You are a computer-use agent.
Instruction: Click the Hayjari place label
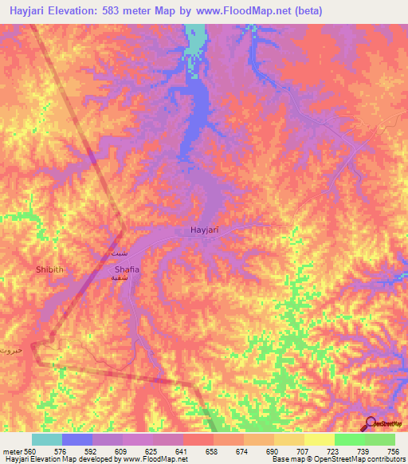click(205, 230)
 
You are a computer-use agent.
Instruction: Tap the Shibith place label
click(49, 270)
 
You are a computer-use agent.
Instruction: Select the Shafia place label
click(126, 270)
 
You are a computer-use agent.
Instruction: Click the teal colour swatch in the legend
click(47, 439)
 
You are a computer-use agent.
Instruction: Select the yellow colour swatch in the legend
click(319, 439)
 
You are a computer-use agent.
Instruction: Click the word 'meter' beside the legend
click(12, 450)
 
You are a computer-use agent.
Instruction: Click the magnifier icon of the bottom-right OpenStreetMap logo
click(370, 423)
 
